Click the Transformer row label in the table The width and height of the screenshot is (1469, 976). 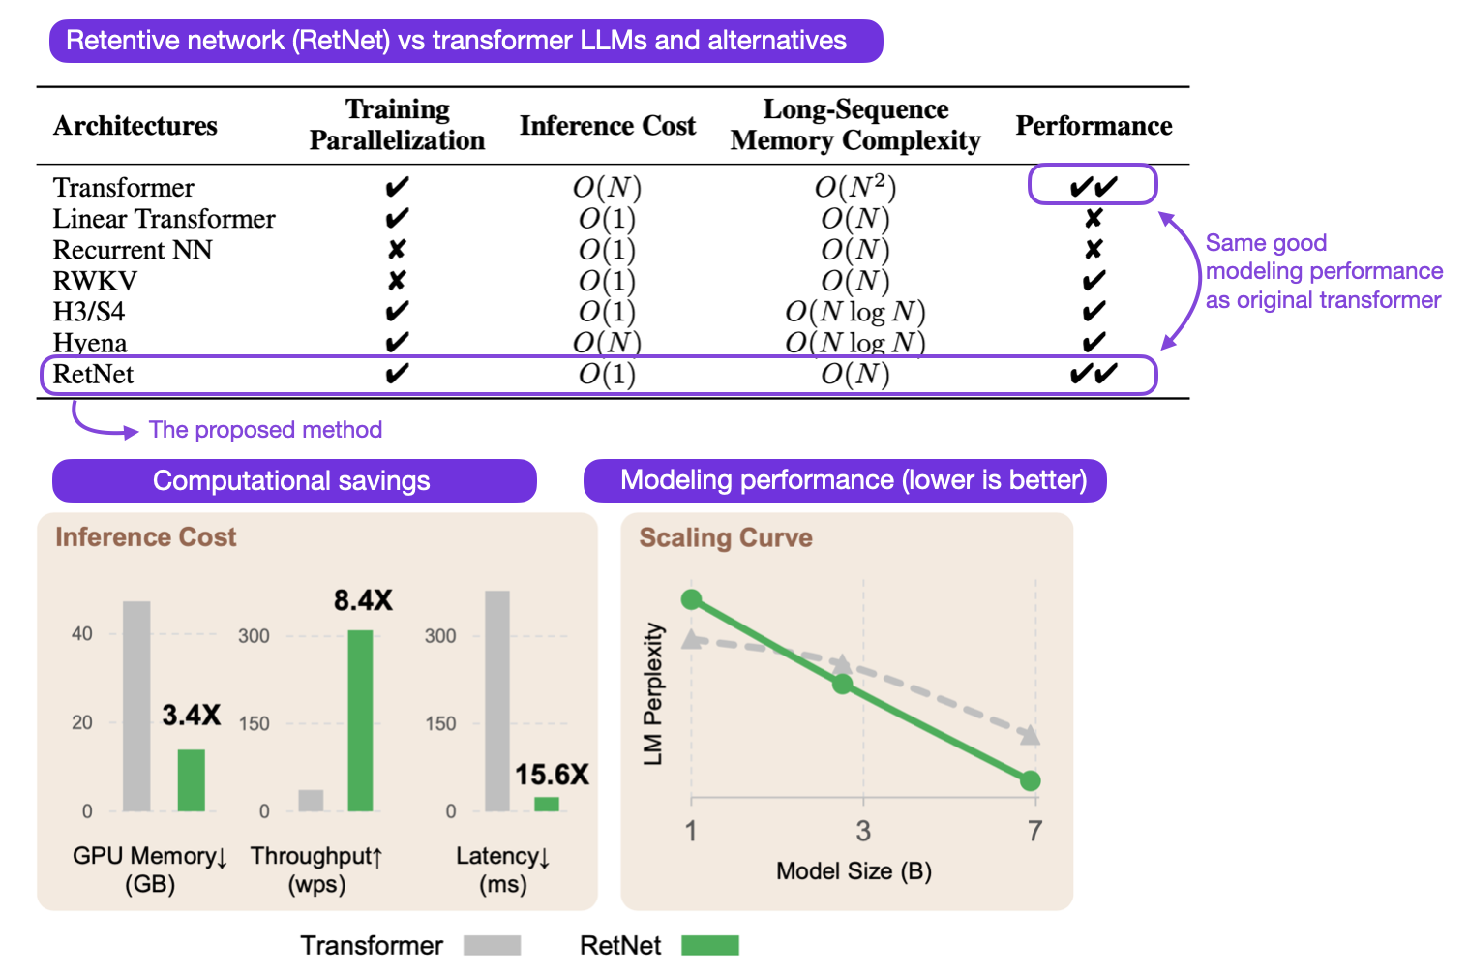point(123,187)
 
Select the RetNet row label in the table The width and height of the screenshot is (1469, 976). point(93,375)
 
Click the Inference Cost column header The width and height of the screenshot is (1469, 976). point(607,126)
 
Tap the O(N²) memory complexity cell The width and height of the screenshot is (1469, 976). point(854,187)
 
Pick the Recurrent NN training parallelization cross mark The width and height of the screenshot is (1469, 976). point(396,250)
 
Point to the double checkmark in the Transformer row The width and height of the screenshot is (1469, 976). point(1093,186)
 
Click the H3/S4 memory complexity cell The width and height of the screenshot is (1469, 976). point(854,312)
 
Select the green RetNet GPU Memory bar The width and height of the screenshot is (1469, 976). point(191,779)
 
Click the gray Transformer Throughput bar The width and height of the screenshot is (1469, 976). point(311,800)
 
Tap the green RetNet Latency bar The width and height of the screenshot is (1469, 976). point(547,804)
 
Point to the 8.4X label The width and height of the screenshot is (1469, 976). point(363,600)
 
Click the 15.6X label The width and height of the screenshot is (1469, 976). point(551,775)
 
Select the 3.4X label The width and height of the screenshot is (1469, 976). point(191,716)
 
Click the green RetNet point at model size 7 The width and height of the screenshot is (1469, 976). point(1031,780)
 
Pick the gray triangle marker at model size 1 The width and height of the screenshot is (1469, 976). point(691,639)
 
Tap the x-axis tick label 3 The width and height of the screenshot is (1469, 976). point(863,831)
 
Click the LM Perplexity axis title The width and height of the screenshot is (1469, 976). point(654,693)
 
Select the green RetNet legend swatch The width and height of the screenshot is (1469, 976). point(709,945)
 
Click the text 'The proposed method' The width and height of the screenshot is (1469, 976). point(265,430)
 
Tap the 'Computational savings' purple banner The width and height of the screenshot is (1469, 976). point(293,481)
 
